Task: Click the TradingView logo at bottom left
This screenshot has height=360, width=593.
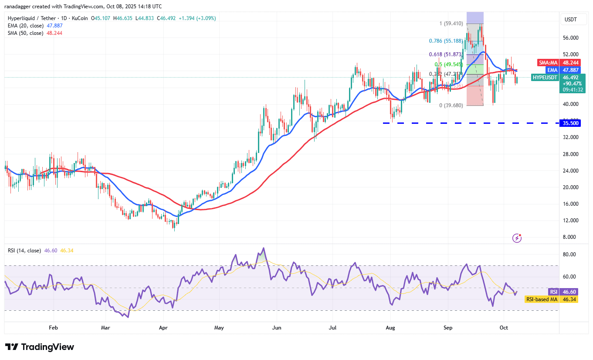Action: (x=40, y=347)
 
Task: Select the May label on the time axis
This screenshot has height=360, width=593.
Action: (x=219, y=327)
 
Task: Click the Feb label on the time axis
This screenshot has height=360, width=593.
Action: (x=53, y=327)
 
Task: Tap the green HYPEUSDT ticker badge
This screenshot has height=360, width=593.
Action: (x=545, y=78)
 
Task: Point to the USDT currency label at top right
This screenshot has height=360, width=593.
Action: (x=570, y=19)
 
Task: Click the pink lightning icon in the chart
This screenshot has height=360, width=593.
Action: (x=517, y=238)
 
